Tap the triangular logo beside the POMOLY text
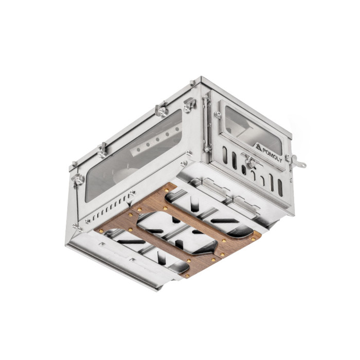click(259, 147)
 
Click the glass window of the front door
click(253, 130)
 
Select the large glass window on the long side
click(134, 156)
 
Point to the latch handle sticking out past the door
click(298, 161)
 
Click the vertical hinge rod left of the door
click(206, 124)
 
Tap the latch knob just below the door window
click(250, 160)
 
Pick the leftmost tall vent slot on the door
click(225, 155)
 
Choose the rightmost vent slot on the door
click(280, 188)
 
